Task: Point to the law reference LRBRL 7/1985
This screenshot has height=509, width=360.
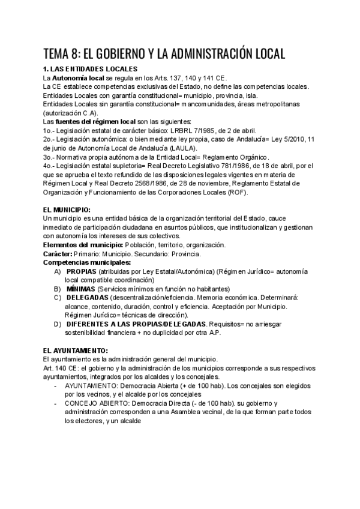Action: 194,130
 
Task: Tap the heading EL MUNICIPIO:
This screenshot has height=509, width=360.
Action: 67,209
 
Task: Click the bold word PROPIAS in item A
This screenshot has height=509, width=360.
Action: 82,271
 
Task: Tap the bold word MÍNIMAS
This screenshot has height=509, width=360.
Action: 81,289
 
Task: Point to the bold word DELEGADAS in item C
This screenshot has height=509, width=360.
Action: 88,298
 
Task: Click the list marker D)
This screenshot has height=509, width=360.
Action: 57,324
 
